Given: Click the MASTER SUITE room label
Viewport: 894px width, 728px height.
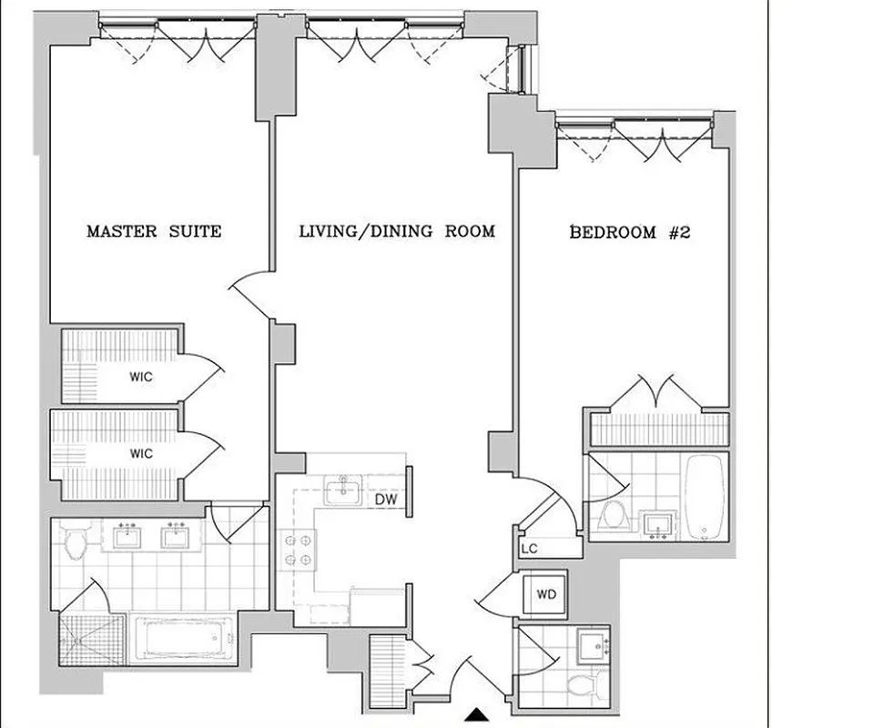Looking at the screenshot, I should pos(153,231).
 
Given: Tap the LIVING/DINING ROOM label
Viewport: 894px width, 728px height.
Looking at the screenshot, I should pos(397,231).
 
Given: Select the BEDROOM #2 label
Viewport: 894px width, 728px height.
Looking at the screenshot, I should pos(630,232).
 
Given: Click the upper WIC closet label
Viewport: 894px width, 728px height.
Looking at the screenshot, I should pos(140,377).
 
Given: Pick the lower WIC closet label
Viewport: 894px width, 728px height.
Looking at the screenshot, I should pos(140,453).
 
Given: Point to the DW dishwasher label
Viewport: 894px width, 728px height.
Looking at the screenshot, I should pos(384,500).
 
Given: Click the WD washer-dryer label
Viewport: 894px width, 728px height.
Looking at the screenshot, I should pos(546,595).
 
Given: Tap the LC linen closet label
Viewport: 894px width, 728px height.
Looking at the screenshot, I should pos(529,549).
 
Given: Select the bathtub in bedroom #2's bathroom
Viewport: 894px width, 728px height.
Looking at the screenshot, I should pos(704,497).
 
